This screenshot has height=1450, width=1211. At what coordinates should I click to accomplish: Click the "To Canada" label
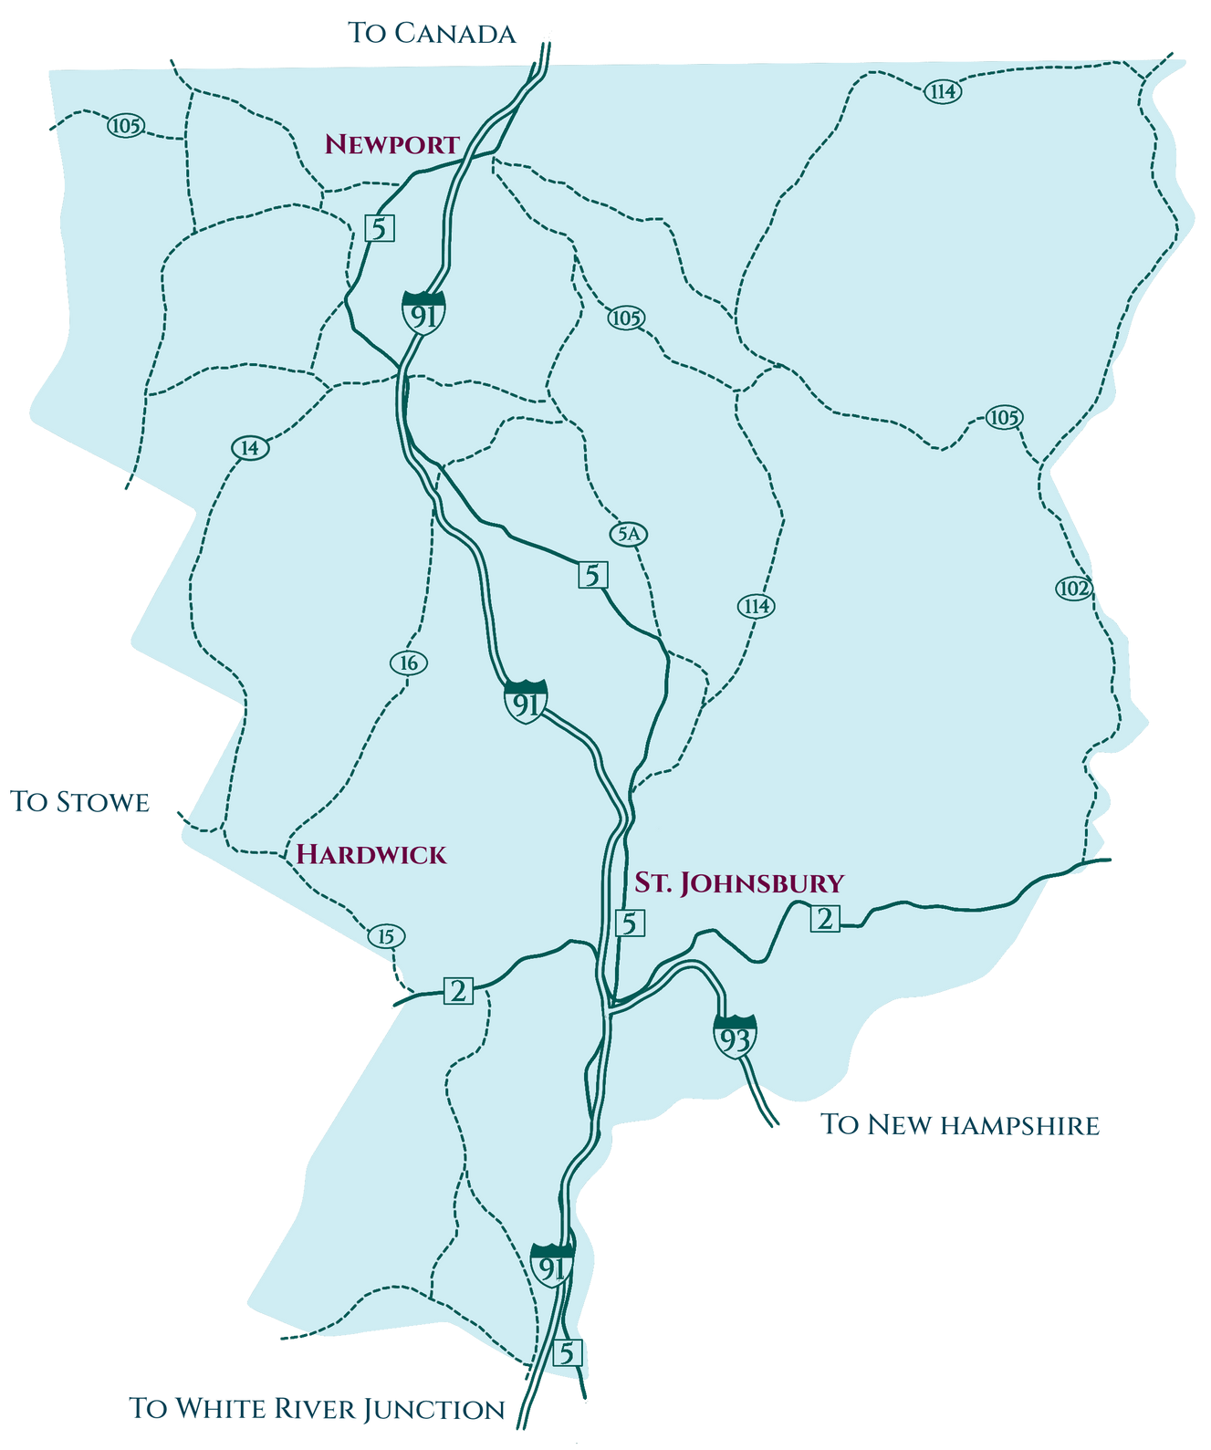433,34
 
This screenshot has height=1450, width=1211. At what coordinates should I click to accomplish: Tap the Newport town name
391,144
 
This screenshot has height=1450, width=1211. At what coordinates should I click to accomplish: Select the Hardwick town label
371,854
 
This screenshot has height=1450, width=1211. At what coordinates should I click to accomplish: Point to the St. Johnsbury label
739,882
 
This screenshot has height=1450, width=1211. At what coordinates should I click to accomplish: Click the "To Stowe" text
80,801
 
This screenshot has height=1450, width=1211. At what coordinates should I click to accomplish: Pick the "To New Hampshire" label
961,1124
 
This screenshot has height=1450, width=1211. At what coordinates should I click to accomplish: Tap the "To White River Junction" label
318,1408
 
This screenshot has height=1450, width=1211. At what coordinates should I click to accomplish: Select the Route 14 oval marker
250,448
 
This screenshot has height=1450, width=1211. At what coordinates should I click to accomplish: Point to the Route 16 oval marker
408,663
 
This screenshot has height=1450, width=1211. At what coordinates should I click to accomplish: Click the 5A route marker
628,535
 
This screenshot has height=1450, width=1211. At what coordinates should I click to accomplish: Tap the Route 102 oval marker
1074,589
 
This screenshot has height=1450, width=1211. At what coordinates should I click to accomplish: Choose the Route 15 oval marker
386,936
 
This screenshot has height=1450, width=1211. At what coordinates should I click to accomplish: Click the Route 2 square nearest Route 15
458,990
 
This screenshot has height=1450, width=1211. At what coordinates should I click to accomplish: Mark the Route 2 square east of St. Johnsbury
825,919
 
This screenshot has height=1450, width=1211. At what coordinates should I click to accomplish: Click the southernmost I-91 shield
551,1265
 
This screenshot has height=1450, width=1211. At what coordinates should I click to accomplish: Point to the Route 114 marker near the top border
942,91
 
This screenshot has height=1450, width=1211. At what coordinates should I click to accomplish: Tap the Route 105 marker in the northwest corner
125,126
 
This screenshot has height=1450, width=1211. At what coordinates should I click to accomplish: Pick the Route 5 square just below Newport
380,227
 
